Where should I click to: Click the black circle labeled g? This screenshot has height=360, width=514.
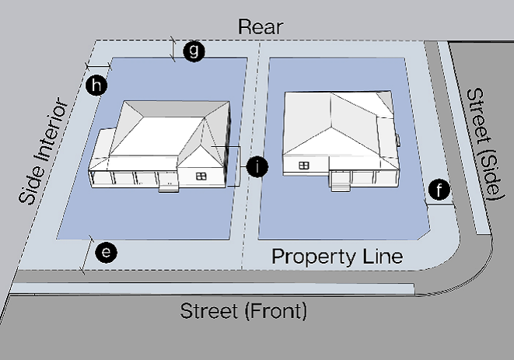pos(194,51)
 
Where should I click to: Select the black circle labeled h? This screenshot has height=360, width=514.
pos(96,86)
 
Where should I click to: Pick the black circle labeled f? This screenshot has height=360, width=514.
pos(440,189)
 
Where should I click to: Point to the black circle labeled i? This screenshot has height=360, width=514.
pos(256,166)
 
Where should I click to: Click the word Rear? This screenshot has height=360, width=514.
pos(260,26)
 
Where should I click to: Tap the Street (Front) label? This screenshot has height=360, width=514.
pos(243,312)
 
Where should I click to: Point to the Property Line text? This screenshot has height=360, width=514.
pos(337,257)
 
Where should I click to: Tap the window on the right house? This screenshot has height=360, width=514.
pos(304,165)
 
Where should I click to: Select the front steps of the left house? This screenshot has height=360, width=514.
pos(166,187)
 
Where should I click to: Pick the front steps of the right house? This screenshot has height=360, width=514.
pos(339,184)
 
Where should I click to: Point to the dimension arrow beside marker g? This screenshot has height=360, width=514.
pos(173,49)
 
